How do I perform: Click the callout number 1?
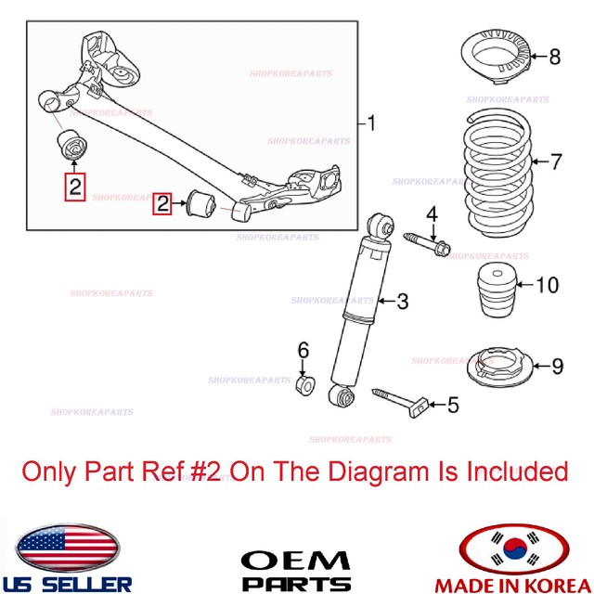click(x=371, y=123)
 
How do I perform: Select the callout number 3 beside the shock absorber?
click(x=402, y=301)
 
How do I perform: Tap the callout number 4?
click(x=431, y=216)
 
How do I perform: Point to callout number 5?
click(x=454, y=405)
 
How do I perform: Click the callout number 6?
click(x=302, y=350)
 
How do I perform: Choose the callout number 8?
click(x=554, y=57)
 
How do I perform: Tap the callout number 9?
click(x=557, y=367)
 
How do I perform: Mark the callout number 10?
click(x=548, y=285)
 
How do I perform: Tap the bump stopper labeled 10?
click(x=496, y=284)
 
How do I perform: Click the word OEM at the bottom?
click(x=296, y=561)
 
